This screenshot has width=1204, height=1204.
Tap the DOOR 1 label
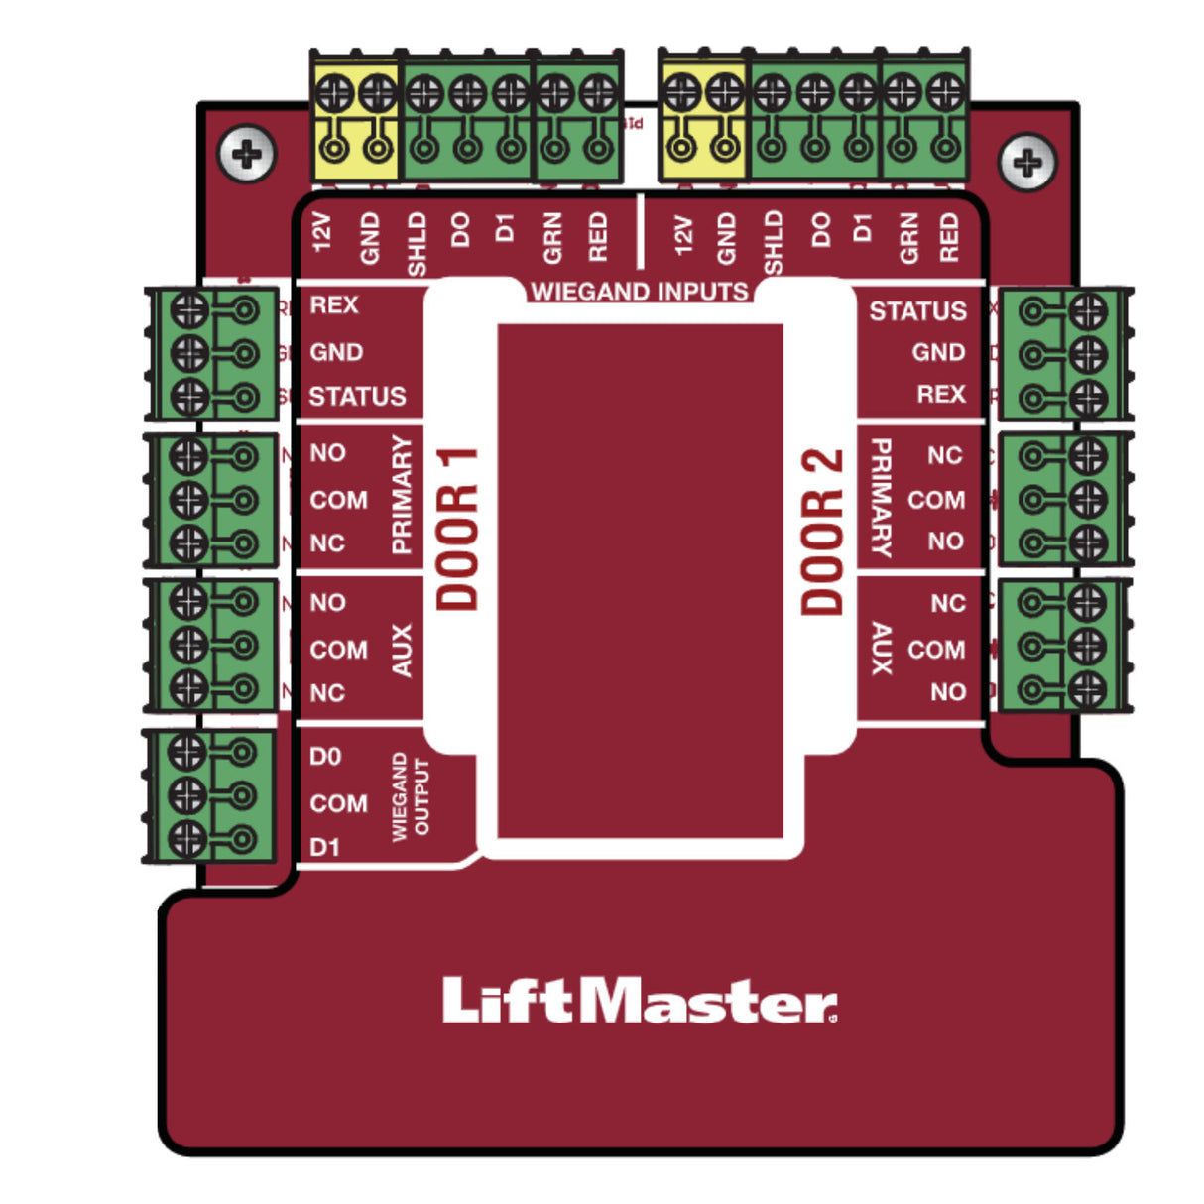(x=458, y=529)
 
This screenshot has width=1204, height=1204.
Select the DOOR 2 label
(x=822, y=531)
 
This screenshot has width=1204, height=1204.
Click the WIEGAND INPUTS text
(x=640, y=291)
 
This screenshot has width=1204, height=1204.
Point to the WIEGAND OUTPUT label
(x=411, y=797)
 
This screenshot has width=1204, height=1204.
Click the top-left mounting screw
(x=246, y=154)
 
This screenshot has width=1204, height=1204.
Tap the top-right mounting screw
(x=1027, y=162)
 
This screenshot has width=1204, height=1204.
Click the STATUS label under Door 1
(x=357, y=397)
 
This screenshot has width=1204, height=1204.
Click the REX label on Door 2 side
(x=940, y=394)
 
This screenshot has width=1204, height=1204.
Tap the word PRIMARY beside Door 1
(x=401, y=495)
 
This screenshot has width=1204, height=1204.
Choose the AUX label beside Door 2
(x=881, y=649)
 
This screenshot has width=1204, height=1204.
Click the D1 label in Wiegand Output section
(x=324, y=847)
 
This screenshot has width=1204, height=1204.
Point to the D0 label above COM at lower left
(x=325, y=757)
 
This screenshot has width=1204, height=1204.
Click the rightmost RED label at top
(x=949, y=238)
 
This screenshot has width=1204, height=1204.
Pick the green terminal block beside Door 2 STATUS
(x=1063, y=354)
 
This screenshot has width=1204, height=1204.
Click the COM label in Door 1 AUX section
(x=338, y=650)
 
